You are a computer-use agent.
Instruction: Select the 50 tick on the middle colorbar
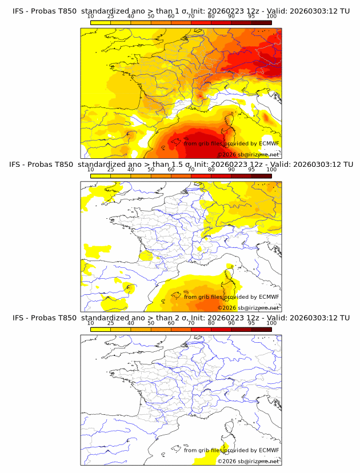tap(151, 170)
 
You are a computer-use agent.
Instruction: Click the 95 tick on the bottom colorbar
tap(251, 323)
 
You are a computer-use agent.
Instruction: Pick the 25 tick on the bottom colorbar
tap(111, 323)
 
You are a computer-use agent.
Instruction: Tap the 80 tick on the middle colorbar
tap(211, 170)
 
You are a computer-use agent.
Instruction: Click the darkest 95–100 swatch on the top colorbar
tap(261, 22)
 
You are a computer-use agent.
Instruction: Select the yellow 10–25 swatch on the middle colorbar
tap(101, 176)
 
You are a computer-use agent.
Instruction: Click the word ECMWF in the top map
tap(269, 143)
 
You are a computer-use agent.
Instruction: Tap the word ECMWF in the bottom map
tap(269, 450)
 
